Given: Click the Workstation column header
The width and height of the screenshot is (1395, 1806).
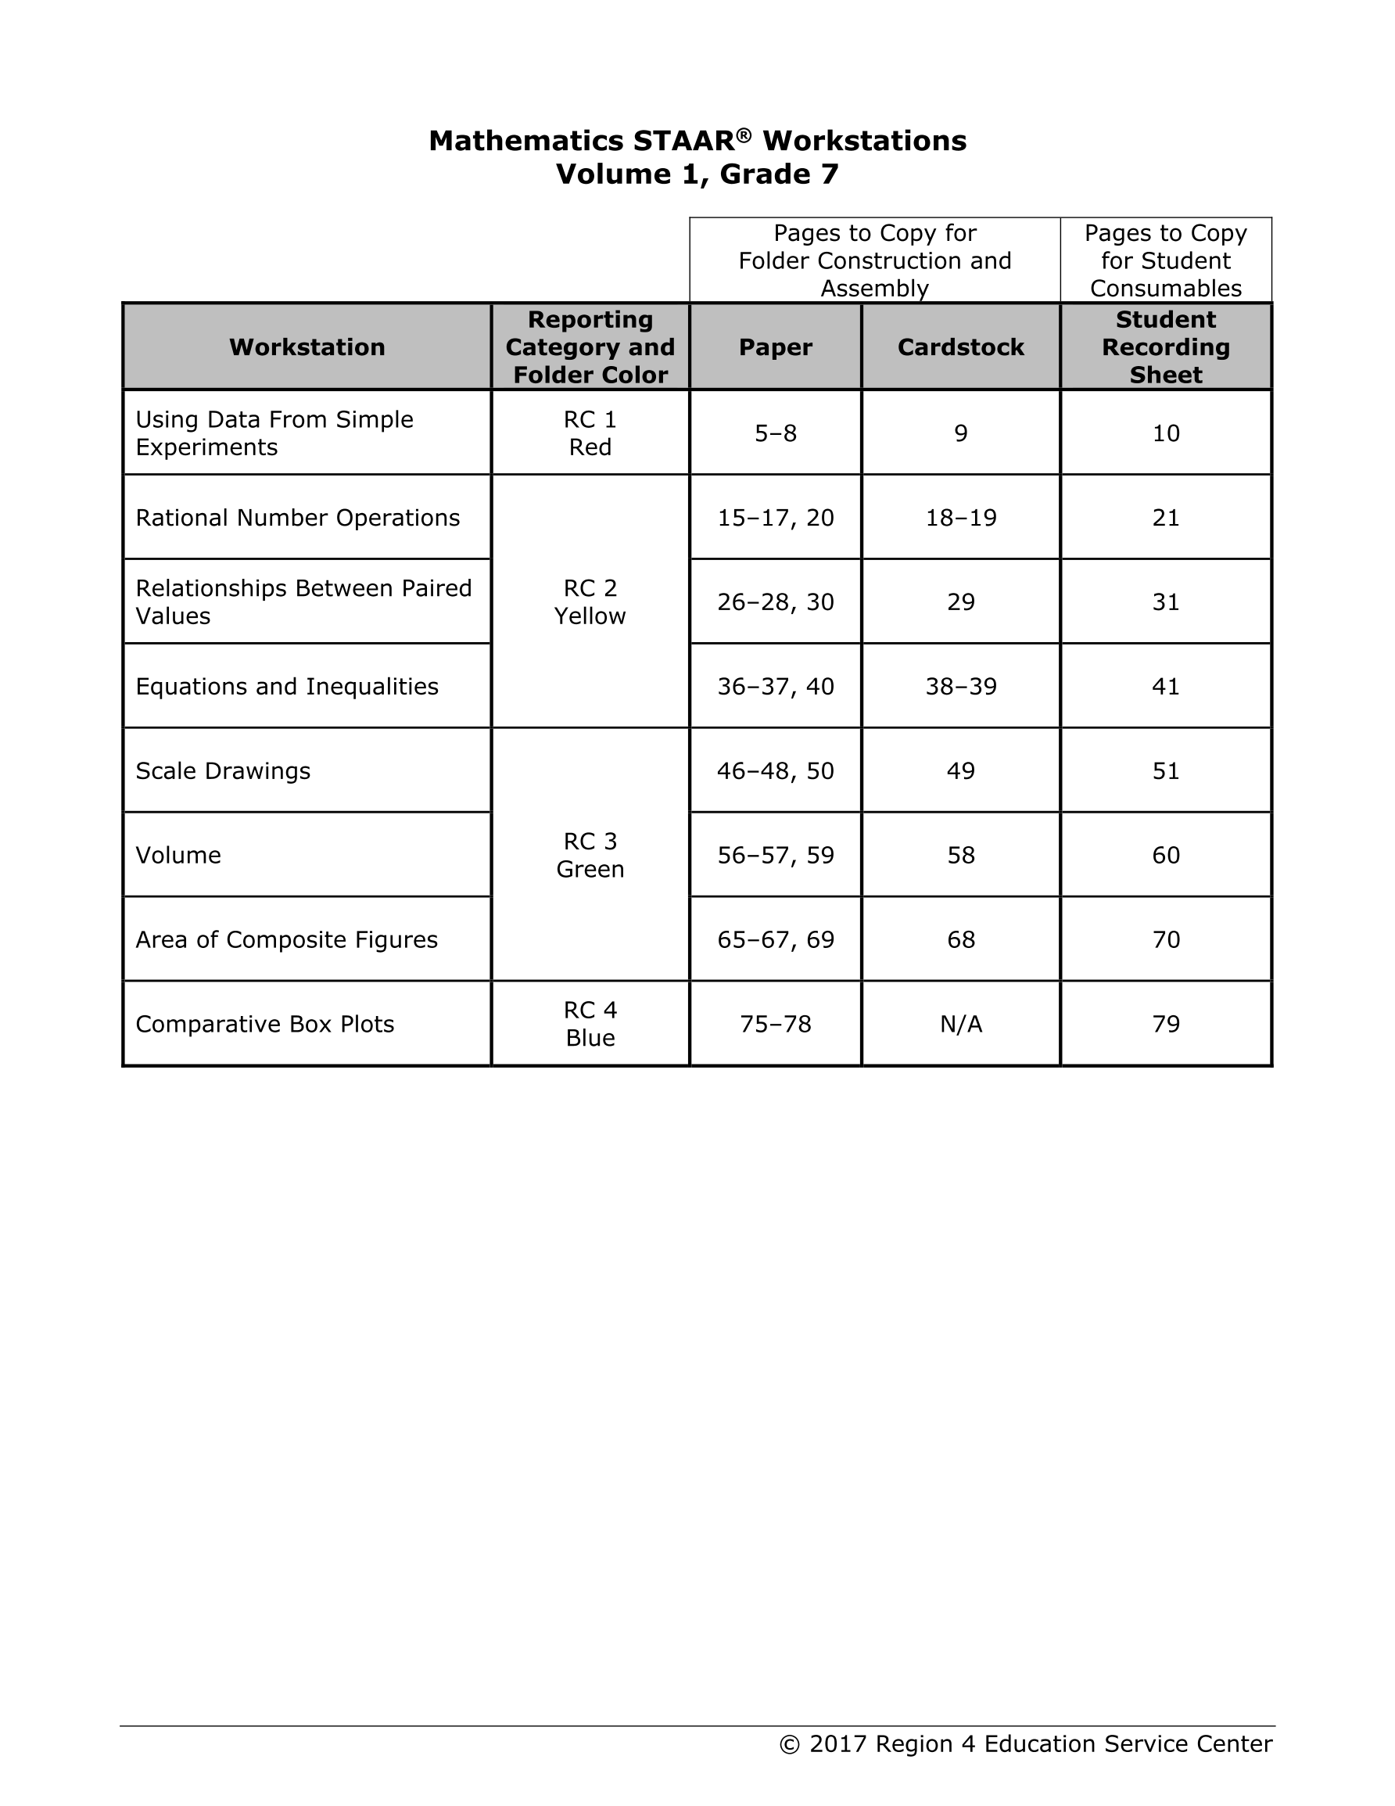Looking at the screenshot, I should tap(307, 347).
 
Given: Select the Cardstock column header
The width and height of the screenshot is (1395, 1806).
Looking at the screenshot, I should tap(960, 347).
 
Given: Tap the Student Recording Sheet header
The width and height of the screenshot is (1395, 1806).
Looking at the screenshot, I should tap(1165, 347).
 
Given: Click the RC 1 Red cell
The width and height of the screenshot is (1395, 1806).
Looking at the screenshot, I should tap(590, 433).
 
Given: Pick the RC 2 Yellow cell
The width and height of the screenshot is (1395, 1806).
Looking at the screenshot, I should tap(590, 602).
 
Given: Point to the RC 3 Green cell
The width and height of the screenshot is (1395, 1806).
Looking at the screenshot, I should tap(590, 855).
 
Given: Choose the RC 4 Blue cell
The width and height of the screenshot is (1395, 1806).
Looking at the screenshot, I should tap(590, 1024).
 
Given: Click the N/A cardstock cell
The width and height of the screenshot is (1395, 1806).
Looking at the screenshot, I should tap(961, 1025).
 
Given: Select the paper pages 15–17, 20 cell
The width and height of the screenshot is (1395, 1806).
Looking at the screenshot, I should tap(776, 519).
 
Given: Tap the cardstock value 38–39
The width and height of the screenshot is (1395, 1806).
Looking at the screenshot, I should tap(961, 688).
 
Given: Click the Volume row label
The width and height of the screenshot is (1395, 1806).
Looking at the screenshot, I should tap(178, 855).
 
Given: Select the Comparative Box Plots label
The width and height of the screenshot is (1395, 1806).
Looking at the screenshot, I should tap(264, 1025).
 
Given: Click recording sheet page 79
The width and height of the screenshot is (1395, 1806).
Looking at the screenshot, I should tap(1166, 1025).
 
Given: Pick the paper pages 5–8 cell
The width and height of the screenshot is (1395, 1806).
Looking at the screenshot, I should tap(776, 433).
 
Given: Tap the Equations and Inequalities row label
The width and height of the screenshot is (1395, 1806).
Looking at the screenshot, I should tap(287, 688).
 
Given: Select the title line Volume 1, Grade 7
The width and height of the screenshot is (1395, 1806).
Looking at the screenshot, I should tap(697, 174).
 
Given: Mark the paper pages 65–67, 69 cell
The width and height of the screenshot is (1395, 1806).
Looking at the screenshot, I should tap(776, 940).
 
